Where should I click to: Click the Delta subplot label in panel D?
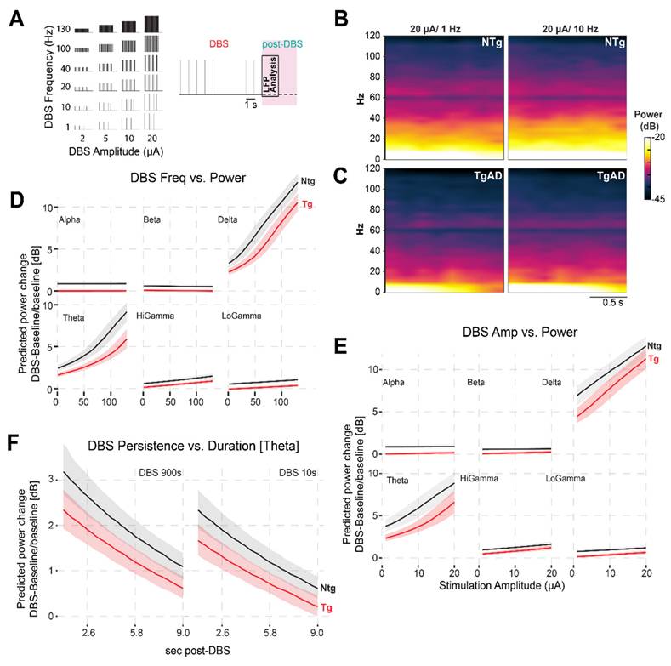[230, 220]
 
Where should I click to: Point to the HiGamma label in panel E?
[479, 481]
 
